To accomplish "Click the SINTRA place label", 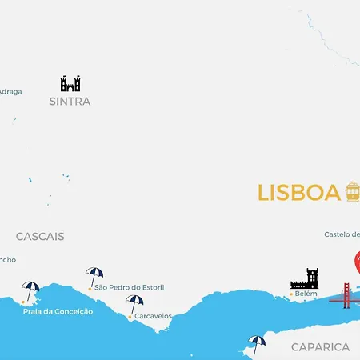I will [x=70, y=102].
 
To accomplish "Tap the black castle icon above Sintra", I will [x=70, y=83].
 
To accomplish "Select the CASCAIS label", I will [x=40, y=237].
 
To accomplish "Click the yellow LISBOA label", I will [x=298, y=193].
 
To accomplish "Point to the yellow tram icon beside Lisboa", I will [x=352, y=192].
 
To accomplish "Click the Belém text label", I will [x=306, y=294].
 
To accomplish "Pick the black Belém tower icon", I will [x=304, y=279].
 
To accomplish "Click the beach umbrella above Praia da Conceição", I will [x=30, y=290].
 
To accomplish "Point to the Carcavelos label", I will [x=153, y=316].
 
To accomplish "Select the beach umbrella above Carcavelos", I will [x=134, y=304].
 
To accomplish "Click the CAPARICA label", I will [x=320, y=347].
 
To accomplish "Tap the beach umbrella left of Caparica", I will [x=256, y=344].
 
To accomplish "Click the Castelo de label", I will [x=342, y=234].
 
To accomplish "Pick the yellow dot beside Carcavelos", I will [x=130, y=317].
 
